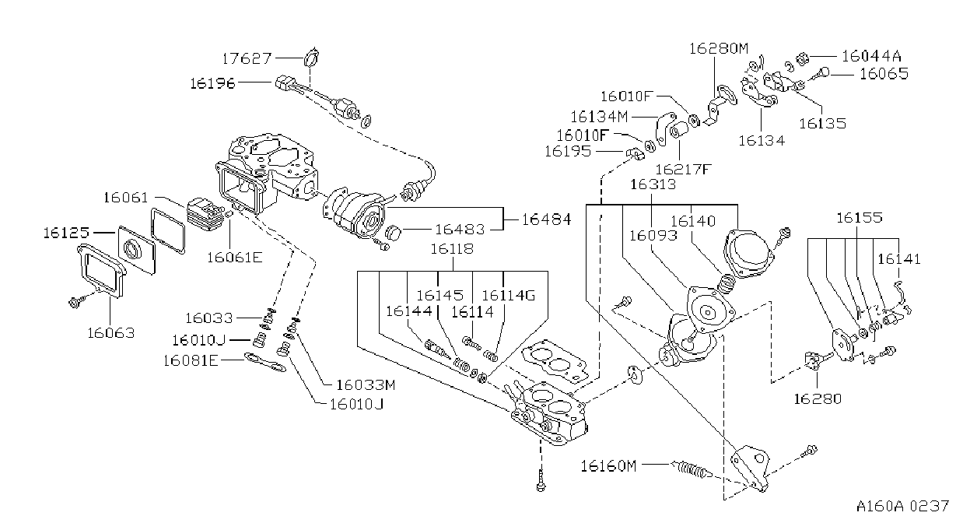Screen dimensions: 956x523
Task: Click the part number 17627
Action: coord(247,58)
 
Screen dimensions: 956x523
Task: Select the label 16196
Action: coord(212,83)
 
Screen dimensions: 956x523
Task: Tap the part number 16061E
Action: coord(234,258)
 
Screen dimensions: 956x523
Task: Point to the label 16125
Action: coord(66,233)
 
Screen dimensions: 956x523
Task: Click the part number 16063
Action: coord(111,332)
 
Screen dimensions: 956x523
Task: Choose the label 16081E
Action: coord(191,361)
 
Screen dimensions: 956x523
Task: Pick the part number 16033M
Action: coord(366,385)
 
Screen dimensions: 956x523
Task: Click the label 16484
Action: coord(547,219)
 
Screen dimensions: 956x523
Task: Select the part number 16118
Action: coord(452,248)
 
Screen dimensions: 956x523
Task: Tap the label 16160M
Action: coord(608,465)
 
